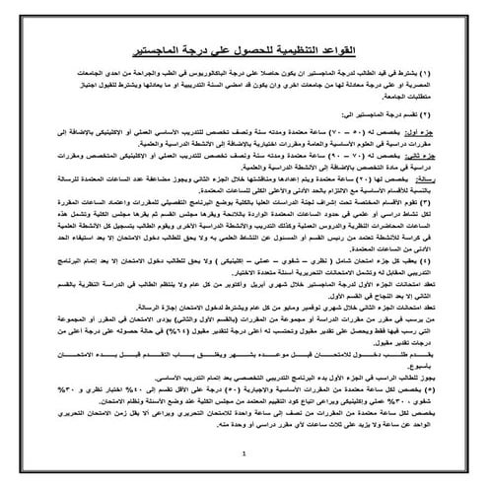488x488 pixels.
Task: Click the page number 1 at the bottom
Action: (x=243, y=455)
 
